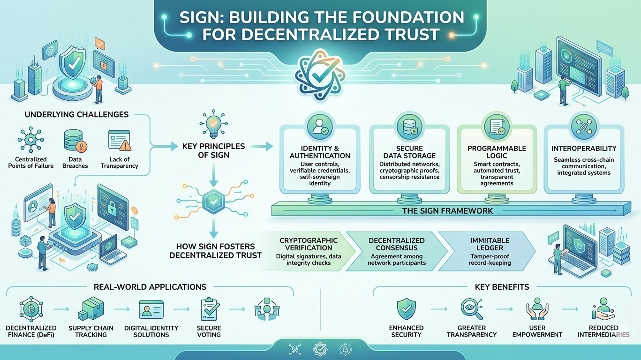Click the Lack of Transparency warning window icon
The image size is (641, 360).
(119, 141)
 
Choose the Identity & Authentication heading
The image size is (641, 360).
(320, 152)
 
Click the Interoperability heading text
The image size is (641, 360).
(584, 149)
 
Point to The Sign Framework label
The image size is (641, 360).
(447, 211)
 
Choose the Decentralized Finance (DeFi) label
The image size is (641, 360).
(31, 331)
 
